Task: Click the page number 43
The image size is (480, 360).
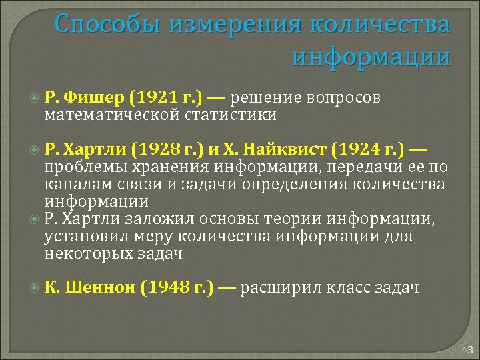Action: tap(466, 349)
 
